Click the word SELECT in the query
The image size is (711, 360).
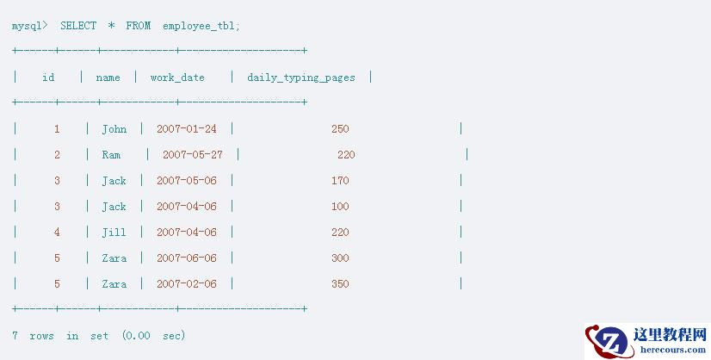[78, 26]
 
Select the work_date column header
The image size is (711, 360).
[177, 78]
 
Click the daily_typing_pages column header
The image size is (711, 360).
[301, 78]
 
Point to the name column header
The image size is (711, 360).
[108, 78]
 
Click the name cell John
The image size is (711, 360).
[114, 129]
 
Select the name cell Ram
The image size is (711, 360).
[111, 155]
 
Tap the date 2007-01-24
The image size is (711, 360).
[187, 129]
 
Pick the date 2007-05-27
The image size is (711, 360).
[193, 155]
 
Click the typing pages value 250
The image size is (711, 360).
[340, 129]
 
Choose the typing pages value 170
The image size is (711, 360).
[340, 181]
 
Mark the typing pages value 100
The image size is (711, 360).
[340, 207]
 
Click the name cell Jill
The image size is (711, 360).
[114, 233]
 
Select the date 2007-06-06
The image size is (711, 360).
[187, 258]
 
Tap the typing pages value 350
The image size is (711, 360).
[340, 284]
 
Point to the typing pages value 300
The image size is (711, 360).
[340, 258]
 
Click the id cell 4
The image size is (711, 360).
[57, 233]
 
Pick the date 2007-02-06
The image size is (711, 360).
[187, 284]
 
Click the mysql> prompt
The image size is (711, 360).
[29, 27]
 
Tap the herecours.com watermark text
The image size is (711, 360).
[673, 350]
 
